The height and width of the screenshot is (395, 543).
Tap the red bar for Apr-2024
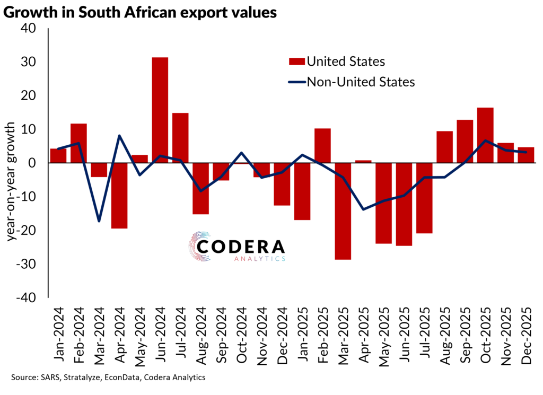tap(119, 196)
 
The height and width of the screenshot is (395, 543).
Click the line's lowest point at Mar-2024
tap(99, 221)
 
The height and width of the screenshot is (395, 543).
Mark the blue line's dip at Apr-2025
tap(364, 209)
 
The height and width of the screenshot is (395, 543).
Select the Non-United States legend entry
tap(350, 82)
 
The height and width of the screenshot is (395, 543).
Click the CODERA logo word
tap(241, 247)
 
